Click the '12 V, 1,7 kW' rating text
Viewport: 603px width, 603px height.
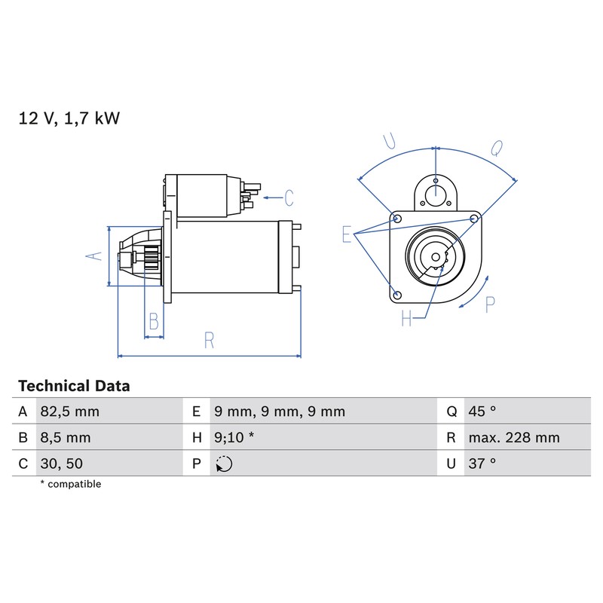tap(69, 118)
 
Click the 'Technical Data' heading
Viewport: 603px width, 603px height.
tap(74, 386)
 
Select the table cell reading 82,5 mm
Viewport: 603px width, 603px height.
tap(69, 412)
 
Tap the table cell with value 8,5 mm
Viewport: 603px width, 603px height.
tap(66, 438)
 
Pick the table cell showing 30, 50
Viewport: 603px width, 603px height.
tap(62, 464)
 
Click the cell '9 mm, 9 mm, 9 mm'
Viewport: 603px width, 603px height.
tap(280, 412)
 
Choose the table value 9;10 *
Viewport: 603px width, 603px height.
tap(234, 438)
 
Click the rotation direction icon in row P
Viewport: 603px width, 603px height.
tap(224, 464)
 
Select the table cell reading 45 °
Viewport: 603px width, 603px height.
tap(482, 412)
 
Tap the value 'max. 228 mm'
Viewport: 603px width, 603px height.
tap(514, 438)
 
